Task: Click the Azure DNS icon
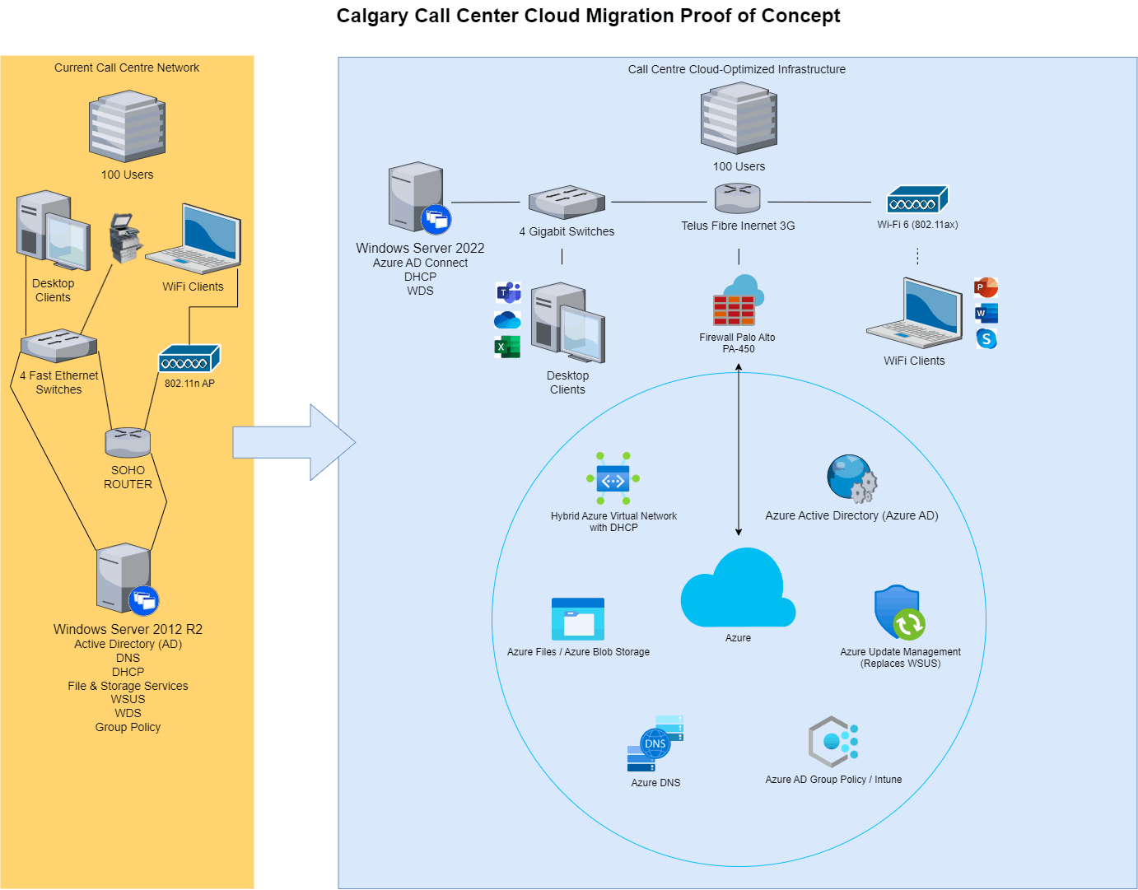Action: (655, 743)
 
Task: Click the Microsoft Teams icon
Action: (508, 292)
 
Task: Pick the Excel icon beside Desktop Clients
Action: (507, 347)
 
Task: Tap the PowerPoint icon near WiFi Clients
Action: (985, 287)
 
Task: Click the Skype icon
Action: (986, 338)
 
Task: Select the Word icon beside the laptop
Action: (985, 313)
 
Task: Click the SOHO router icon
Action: (128, 442)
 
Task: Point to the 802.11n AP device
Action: (189, 358)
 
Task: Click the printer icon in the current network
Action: (125, 237)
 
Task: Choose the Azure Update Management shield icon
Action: (899, 612)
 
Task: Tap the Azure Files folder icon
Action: (577, 618)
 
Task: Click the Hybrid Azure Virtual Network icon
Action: (612, 478)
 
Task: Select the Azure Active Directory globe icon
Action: (851, 478)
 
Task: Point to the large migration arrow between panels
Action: (293, 442)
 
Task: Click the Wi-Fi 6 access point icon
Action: (916, 199)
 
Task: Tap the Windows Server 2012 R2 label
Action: (128, 629)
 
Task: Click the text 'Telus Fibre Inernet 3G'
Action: (737, 226)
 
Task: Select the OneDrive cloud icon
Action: (507, 319)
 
